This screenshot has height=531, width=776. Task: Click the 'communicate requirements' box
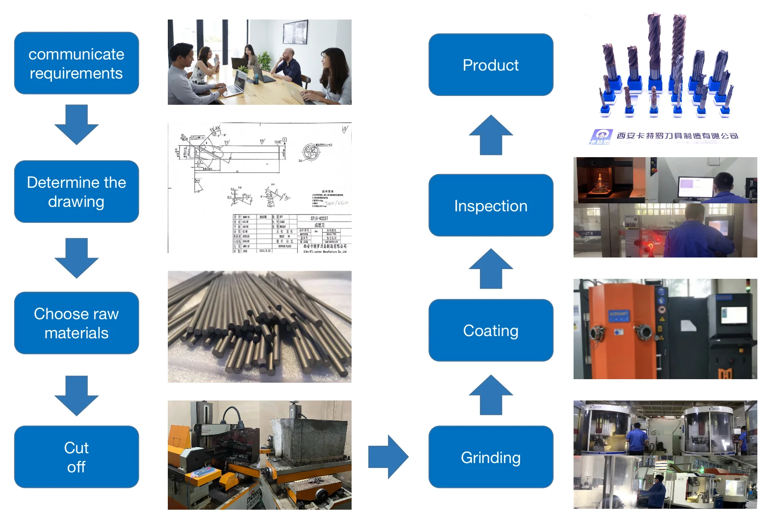click(x=76, y=63)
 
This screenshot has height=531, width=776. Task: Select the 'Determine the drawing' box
click(x=76, y=191)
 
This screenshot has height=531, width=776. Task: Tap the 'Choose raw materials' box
click(x=76, y=323)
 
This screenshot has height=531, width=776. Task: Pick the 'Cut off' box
click(x=76, y=457)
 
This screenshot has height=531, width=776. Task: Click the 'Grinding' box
click(x=491, y=457)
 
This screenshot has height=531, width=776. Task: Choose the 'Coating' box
click(x=491, y=330)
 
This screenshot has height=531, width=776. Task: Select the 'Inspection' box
click(x=491, y=205)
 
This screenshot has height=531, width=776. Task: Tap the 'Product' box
click(x=491, y=65)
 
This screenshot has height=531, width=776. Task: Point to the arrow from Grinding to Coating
click(x=491, y=395)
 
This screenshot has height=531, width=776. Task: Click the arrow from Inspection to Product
click(x=491, y=135)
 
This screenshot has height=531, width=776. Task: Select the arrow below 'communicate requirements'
click(x=76, y=124)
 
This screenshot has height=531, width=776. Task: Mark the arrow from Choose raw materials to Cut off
click(x=76, y=395)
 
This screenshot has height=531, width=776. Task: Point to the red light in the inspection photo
click(x=651, y=246)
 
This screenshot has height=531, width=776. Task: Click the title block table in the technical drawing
click(x=292, y=234)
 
